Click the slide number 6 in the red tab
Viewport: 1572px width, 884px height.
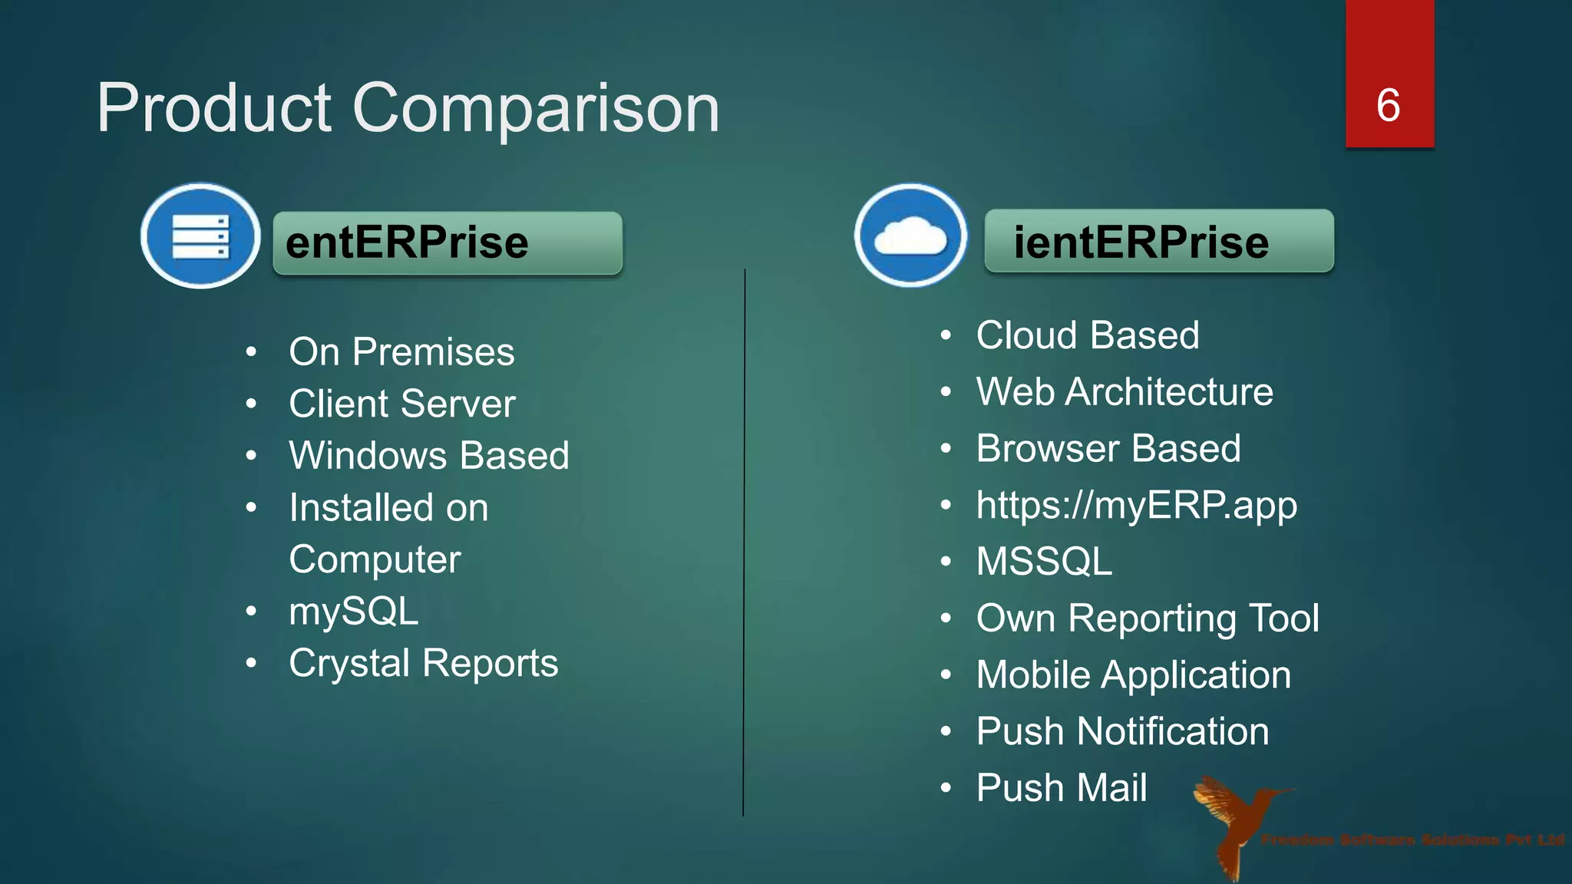[1389, 105]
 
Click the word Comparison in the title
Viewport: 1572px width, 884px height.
[536, 109]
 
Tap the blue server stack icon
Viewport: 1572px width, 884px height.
[200, 236]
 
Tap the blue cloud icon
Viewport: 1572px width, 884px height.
[910, 235]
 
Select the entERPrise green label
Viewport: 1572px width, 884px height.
[447, 242]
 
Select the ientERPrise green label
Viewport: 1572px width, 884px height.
[1158, 241]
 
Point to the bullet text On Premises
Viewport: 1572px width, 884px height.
[401, 352]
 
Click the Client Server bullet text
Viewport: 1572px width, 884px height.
[402, 404]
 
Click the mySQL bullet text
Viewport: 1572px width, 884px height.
[354, 612]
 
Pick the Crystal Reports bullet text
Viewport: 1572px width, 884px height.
[423, 663]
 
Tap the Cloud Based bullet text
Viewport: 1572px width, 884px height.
[1088, 335]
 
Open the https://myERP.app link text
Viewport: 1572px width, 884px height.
[1137, 505]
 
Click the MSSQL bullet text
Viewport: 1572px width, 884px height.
[1044, 561]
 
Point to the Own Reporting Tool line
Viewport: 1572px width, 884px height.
[1148, 618]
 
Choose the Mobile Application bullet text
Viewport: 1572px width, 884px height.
[1134, 675]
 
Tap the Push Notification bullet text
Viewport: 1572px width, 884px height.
[1122, 731]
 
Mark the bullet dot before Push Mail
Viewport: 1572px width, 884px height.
[946, 788]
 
